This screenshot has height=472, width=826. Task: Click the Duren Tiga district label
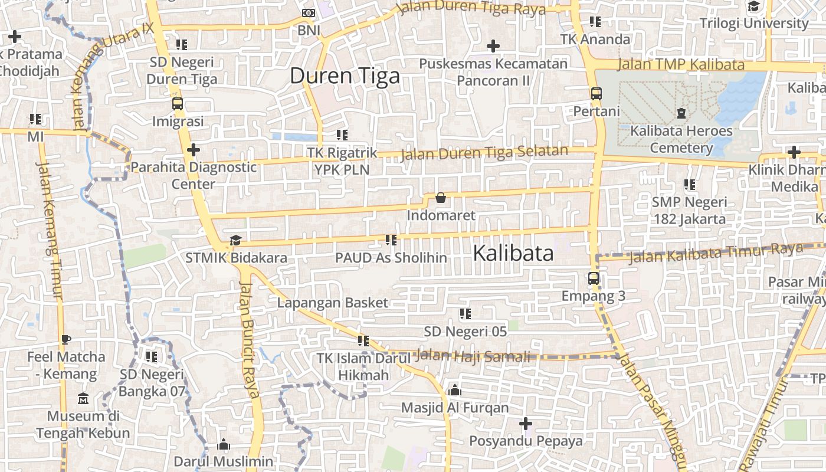tap(345, 76)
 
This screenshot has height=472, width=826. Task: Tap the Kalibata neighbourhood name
tap(513, 253)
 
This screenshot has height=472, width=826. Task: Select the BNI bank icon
tap(309, 13)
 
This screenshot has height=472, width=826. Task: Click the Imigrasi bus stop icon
tap(178, 104)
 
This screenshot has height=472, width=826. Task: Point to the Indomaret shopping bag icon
tap(440, 198)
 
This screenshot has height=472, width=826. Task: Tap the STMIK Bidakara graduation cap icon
tap(235, 240)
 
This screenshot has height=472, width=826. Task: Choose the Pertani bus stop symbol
tap(596, 93)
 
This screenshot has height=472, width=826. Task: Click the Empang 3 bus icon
tap(594, 278)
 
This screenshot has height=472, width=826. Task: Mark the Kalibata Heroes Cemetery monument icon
tap(681, 113)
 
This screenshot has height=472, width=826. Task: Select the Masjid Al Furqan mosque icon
tap(454, 390)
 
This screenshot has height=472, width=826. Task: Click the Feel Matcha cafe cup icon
tap(65, 339)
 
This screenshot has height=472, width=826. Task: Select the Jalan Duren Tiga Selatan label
tap(484, 153)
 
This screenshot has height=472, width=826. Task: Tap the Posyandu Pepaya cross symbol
tap(525, 424)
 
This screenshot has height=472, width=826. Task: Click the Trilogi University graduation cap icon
tap(753, 6)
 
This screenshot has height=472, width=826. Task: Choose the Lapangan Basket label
tap(333, 303)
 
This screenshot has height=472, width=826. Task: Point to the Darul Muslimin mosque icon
tap(224, 444)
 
